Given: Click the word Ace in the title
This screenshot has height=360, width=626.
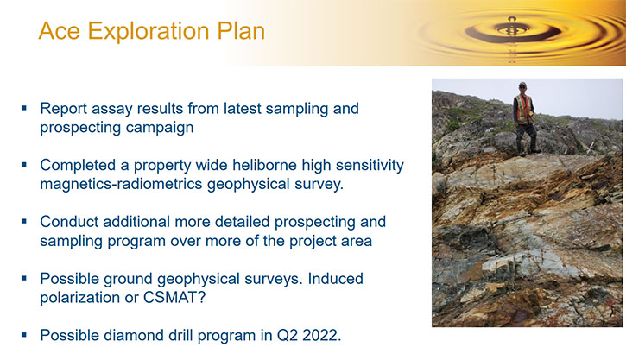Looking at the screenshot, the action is coord(59,31).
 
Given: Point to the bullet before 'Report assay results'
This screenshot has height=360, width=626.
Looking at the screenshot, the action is coord(24,108).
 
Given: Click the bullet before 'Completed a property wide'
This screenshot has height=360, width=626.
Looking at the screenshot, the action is coord(24,164).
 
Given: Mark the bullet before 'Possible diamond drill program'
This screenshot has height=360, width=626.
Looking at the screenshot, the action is coord(24,335).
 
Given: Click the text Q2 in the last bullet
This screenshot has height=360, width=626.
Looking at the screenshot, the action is coord(287,335).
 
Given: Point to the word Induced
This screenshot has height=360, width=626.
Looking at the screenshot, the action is coord(335,279).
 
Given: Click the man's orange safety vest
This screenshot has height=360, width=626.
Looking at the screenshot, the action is coord(524,110).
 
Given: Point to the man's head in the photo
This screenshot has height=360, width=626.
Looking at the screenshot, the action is coord(522,87).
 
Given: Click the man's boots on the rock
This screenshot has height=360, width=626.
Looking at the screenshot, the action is coord(527,150).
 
